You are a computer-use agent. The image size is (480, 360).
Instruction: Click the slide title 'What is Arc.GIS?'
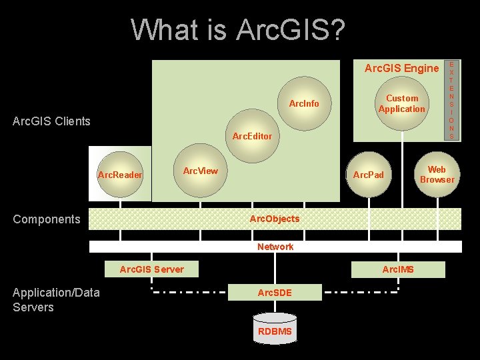click(x=238, y=29)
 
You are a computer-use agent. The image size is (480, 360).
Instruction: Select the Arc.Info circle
click(x=304, y=103)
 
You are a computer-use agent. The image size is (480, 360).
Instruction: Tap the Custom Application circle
click(x=401, y=103)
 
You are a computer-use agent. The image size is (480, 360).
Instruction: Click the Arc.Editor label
click(x=252, y=136)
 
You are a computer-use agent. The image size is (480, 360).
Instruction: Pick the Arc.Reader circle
click(x=120, y=175)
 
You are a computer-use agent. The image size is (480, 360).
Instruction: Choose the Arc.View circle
click(x=200, y=171)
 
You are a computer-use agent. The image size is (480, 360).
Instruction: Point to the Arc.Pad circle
click(x=369, y=175)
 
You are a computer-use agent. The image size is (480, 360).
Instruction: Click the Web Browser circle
click(x=437, y=175)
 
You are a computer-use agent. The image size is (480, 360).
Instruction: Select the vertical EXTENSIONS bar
click(x=451, y=100)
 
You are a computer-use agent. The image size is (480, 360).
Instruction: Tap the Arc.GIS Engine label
click(x=401, y=68)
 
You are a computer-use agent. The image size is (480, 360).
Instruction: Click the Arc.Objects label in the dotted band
click(x=275, y=219)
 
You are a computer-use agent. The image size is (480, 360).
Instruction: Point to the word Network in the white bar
click(x=275, y=247)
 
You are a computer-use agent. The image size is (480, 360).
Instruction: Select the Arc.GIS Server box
click(x=151, y=269)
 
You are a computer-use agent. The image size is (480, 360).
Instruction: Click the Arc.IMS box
click(x=397, y=269)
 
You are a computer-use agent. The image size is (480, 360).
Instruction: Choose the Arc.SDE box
click(x=275, y=293)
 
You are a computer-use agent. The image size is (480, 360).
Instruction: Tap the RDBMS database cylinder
click(x=275, y=331)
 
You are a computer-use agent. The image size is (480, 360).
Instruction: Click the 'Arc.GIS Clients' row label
click(x=51, y=121)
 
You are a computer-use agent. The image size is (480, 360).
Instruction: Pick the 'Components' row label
click(x=46, y=219)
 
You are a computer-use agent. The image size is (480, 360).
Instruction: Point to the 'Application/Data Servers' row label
click(x=56, y=299)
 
